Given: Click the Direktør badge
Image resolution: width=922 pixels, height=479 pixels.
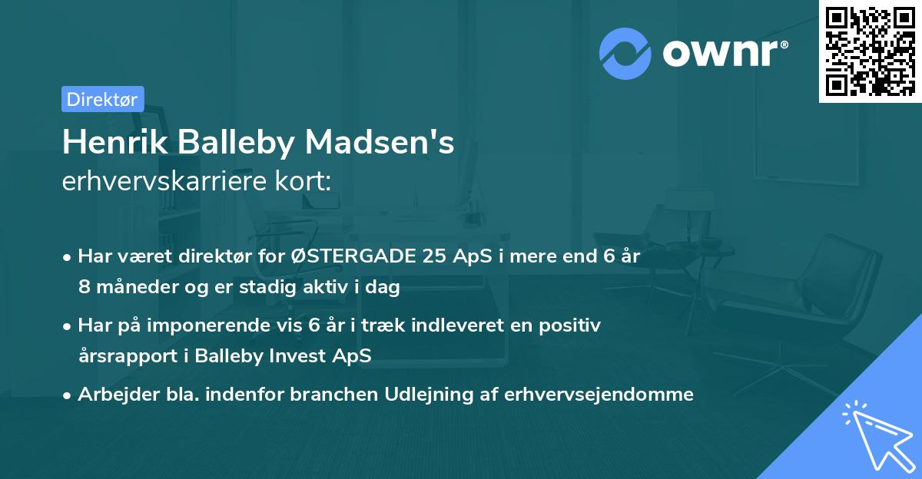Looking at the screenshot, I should [102, 99].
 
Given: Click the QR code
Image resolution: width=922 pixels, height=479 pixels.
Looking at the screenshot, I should [869, 51].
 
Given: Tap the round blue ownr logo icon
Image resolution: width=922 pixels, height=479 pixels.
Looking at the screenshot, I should [625, 51].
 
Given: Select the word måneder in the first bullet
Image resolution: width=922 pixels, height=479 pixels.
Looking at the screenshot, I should [133, 287].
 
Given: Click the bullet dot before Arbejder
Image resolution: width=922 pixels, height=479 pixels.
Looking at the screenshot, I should [68, 395].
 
